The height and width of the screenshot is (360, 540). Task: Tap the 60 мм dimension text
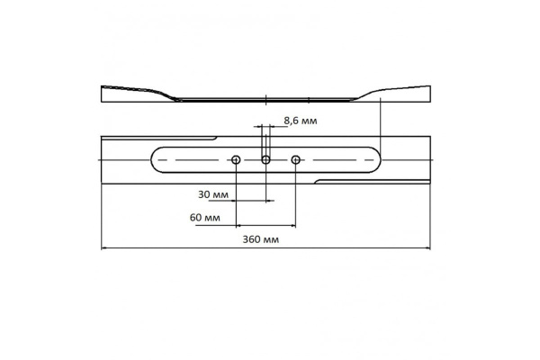tap(208, 218)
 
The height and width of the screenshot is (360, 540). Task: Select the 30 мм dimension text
tap(212, 194)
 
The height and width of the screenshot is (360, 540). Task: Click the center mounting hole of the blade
tap(265, 159)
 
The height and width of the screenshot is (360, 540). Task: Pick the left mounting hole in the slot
tap(236, 159)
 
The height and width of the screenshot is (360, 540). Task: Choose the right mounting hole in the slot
tap(296, 159)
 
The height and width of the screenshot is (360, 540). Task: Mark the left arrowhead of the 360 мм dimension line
tap(103, 249)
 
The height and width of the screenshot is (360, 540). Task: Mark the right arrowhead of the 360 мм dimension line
tap(436, 249)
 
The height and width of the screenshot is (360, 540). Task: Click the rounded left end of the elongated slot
tap(154, 159)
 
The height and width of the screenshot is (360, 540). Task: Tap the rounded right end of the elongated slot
tap(380, 159)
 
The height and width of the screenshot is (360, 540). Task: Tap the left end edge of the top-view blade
tap(102, 159)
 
